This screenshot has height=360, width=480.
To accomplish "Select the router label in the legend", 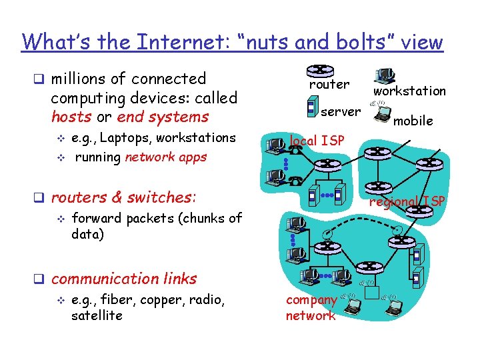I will [329, 85].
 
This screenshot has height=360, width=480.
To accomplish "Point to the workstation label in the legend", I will [409, 91].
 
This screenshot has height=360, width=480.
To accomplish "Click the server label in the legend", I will [341, 111].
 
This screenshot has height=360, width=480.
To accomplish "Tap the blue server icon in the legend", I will [311, 105].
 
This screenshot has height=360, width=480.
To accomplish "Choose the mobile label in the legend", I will [413, 121].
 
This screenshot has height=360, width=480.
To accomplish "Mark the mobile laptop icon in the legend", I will [382, 115].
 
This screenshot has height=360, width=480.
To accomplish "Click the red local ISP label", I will [317, 141].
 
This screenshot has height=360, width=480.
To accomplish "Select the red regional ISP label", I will [407, 201].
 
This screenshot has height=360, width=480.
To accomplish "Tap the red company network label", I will [311, 308].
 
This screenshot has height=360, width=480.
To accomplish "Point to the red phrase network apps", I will [166, 157].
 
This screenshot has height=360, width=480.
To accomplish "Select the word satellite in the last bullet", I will [97, 315].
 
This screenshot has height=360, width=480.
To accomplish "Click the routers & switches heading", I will [123, 197].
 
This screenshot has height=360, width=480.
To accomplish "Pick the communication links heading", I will [124, 279].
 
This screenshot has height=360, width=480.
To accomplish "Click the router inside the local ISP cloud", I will [324, 165].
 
